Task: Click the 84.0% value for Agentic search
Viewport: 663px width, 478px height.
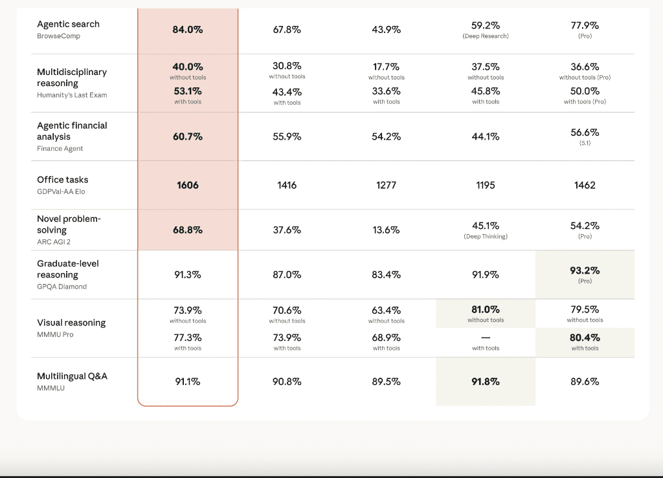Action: [188, 30]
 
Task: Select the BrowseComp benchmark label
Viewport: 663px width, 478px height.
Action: [58, 36]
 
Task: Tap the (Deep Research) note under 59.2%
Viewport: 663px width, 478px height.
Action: [485, 36]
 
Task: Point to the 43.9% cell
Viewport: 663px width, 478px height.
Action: [386, 30]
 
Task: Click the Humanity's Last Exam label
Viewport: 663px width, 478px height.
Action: [72, 95]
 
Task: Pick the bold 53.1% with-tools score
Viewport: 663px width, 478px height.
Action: [188, 91]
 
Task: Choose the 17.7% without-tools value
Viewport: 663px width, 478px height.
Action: [386, 67]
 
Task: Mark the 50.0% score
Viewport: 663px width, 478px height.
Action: [585, 91]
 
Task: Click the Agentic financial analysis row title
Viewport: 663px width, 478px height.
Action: [72, 131]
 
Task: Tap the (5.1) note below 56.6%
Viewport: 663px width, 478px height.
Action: [585, 143]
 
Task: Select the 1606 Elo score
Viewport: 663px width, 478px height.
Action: [188, 185]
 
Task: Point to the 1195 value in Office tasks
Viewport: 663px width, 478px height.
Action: [485, 185]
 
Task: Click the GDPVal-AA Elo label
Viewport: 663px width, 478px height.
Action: [61, 191]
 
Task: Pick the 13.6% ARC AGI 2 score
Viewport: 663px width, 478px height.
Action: [386, 230]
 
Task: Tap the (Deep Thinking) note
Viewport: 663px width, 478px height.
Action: [485, 237]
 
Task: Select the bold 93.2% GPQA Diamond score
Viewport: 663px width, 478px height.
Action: [585, 270]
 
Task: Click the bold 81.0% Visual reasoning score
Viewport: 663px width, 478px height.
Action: [485, 310]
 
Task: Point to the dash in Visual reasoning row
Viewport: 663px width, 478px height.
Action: [485, 338]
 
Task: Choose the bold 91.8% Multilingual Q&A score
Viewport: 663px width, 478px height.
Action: [485, 382]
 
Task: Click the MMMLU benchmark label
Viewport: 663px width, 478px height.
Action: [51, 387]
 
